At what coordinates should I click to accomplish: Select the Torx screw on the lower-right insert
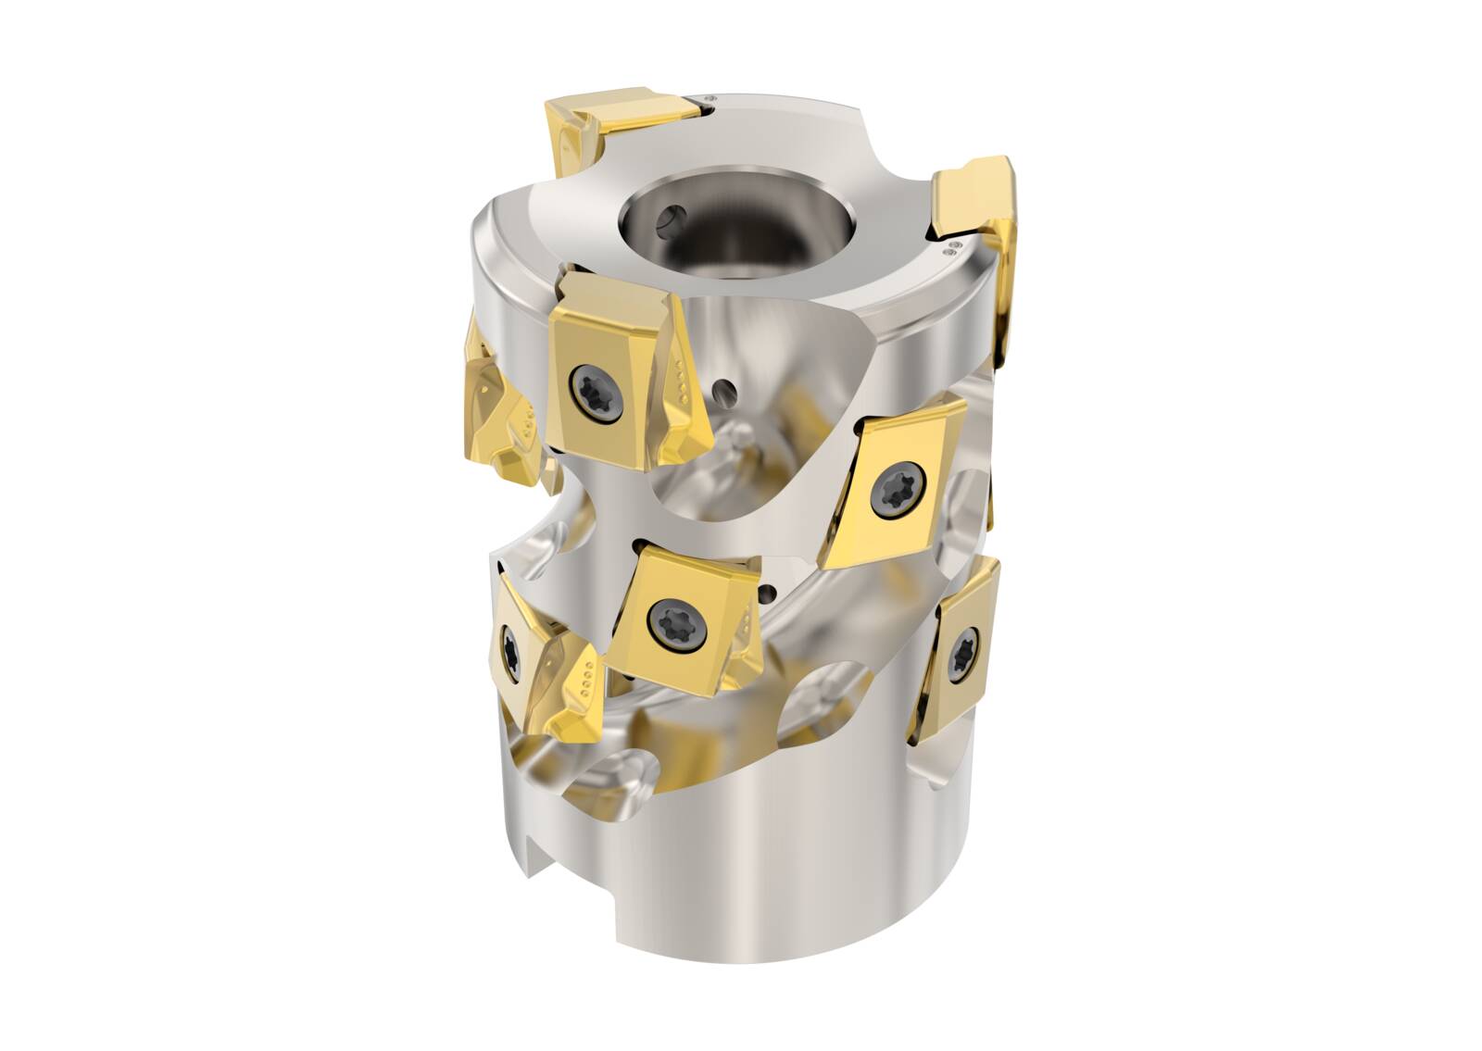tap(964, 647)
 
